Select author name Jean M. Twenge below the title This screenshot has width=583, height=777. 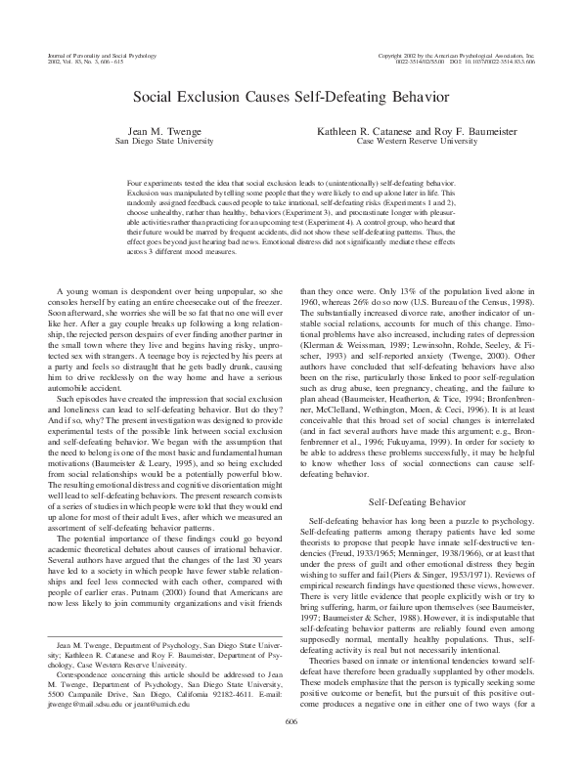click(x=156, y=130)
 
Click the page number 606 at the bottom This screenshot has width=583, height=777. click(x=291, y=749)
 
